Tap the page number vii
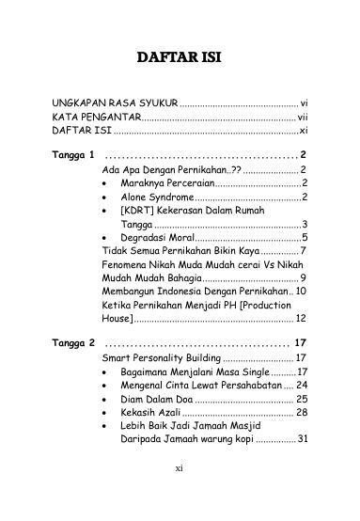point(304,117)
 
